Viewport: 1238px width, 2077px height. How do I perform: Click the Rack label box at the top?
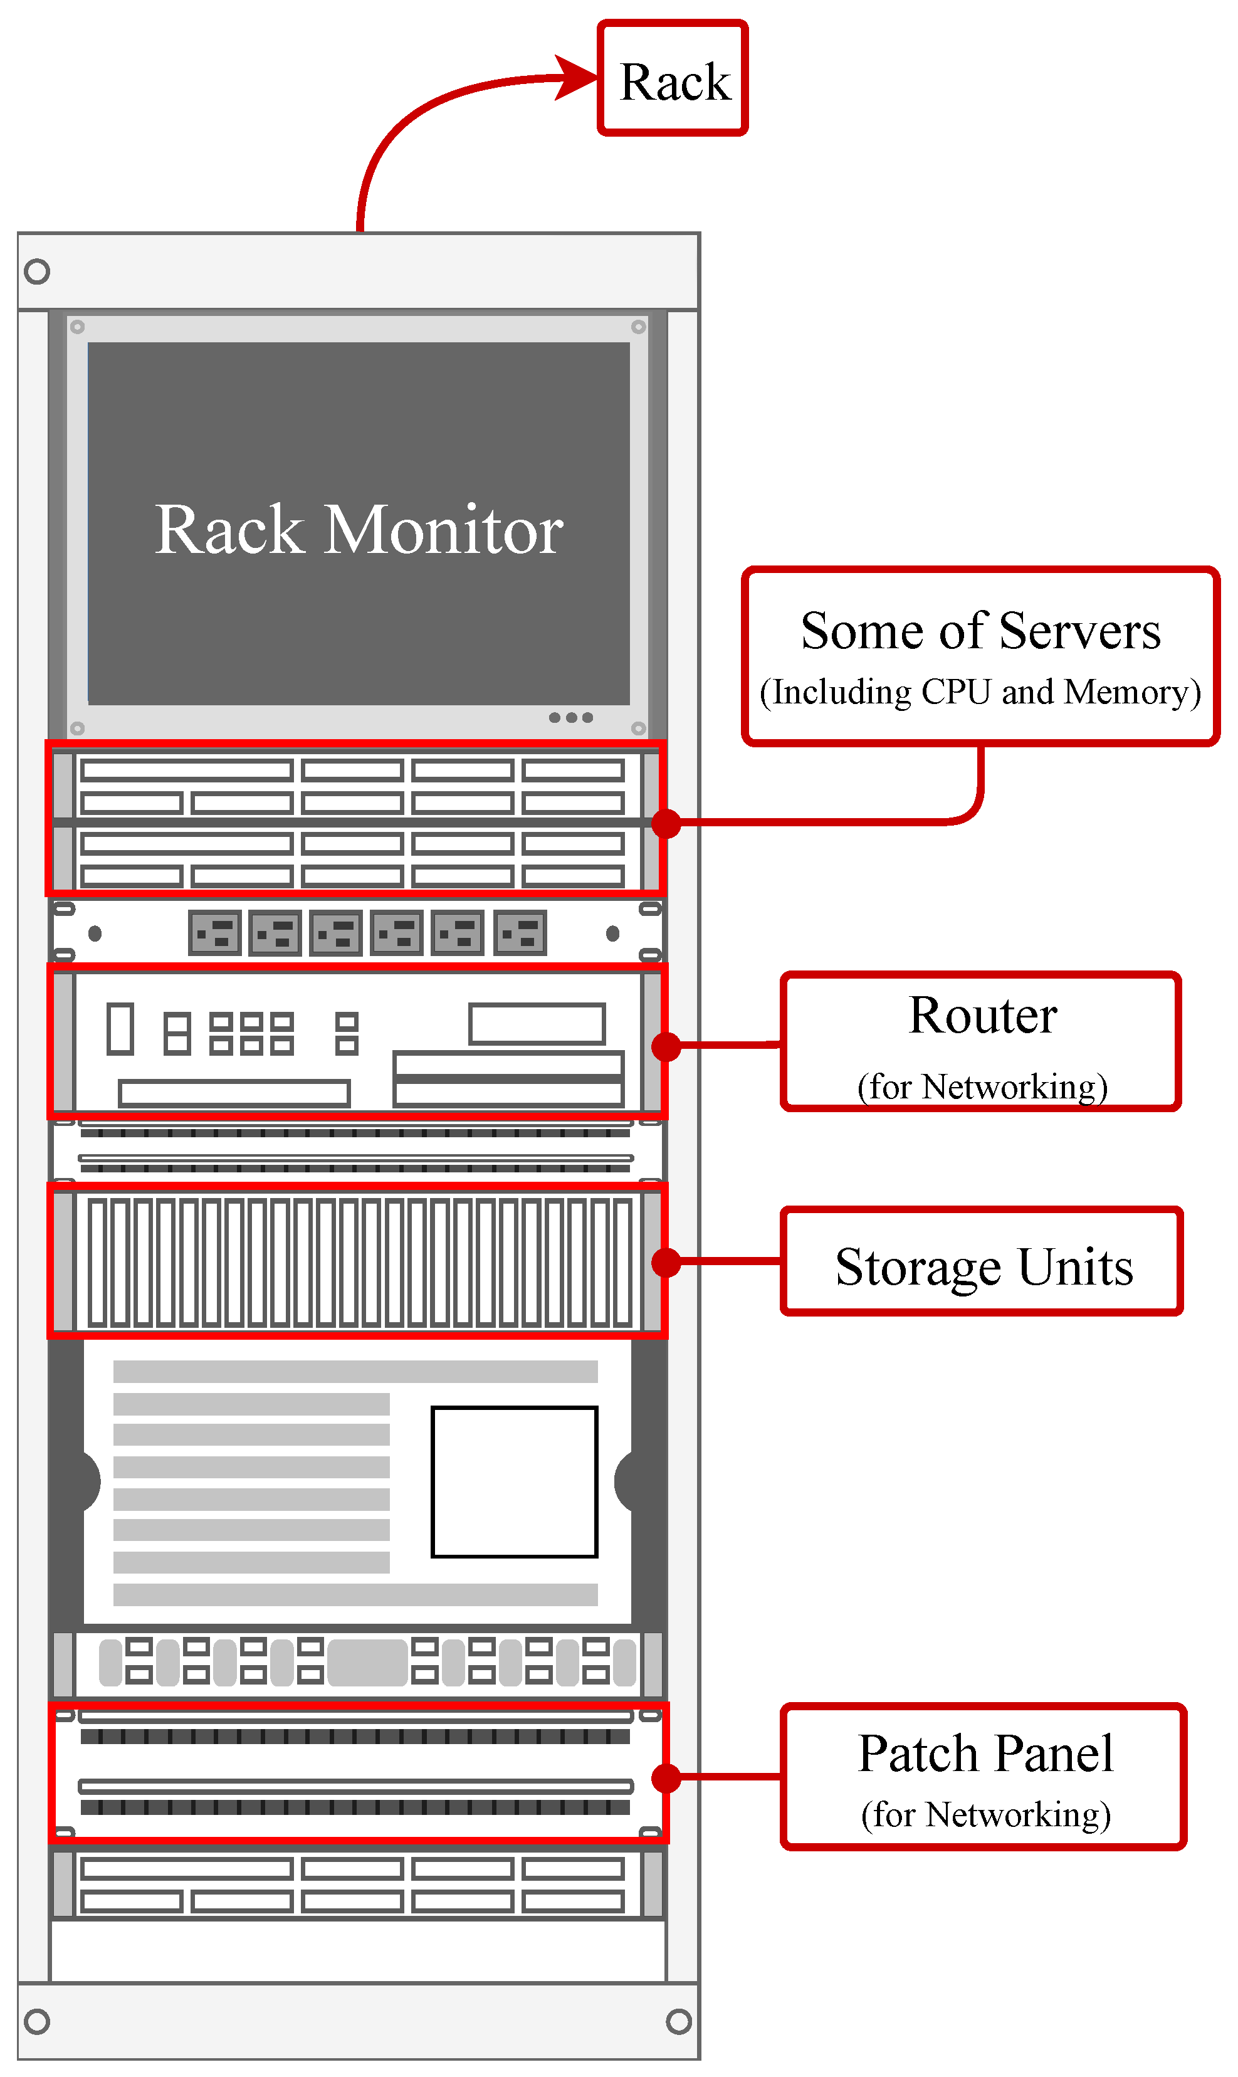673,78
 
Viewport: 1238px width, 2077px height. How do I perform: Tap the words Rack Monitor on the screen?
359,530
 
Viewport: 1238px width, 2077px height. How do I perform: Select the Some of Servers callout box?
980,656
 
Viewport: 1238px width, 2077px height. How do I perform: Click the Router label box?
981,1041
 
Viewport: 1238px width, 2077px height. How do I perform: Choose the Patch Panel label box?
984,1777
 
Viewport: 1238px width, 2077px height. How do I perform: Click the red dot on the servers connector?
666,823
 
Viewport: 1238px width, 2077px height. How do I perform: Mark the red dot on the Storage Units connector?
666,1262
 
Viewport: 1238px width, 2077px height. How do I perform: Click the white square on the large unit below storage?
515,1481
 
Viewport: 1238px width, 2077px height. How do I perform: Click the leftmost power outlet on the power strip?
215,933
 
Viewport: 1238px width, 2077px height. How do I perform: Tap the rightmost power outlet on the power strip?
520,933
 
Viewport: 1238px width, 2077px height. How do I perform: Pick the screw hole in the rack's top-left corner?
37,271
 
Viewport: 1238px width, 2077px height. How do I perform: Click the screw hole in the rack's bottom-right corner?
679,2021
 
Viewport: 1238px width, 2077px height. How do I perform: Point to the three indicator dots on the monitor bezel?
570,717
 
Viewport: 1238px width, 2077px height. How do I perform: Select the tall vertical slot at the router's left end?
120,1029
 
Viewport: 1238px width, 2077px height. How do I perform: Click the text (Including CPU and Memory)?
980,692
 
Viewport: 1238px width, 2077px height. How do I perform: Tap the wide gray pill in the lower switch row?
368,1663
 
